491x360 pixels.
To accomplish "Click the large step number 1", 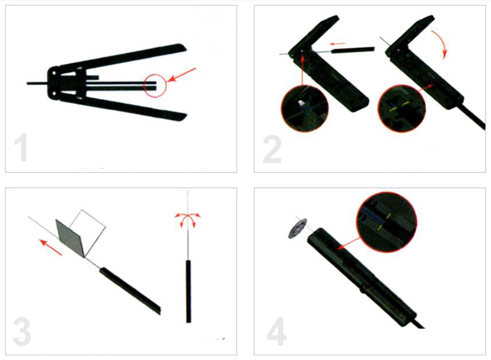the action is [21, 147].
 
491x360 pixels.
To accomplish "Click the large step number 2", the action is [272, 150].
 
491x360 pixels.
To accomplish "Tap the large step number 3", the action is [22, 332].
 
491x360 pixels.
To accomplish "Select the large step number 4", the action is [277, 331].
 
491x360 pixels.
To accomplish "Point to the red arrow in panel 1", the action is [182, 75].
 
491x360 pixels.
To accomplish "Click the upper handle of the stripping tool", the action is [122, 57].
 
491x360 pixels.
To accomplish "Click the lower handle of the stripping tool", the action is [123, 108].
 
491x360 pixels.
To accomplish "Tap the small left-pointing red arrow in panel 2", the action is [338, 44].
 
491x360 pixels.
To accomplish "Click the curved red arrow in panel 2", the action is [442, 42].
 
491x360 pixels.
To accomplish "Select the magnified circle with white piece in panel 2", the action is [305, 109].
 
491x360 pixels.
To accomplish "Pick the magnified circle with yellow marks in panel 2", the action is [402, 108].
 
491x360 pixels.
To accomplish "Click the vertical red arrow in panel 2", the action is [303, 70].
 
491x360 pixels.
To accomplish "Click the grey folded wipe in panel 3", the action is [70, 237].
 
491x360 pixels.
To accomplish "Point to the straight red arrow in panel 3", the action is [50, 247].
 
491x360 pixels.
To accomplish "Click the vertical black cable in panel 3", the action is [188, 291].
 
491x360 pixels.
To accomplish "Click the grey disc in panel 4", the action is [297, 228].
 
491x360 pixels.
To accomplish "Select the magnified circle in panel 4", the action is [387, 222].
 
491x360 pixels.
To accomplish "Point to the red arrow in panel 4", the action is [349, 244].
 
